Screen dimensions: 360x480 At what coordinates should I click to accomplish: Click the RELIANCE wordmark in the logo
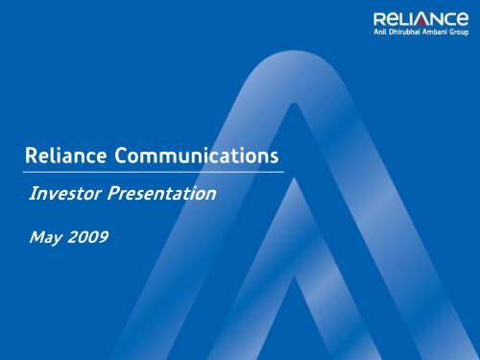pos(417,16)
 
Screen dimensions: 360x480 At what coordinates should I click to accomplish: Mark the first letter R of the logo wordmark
pos(374,16)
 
